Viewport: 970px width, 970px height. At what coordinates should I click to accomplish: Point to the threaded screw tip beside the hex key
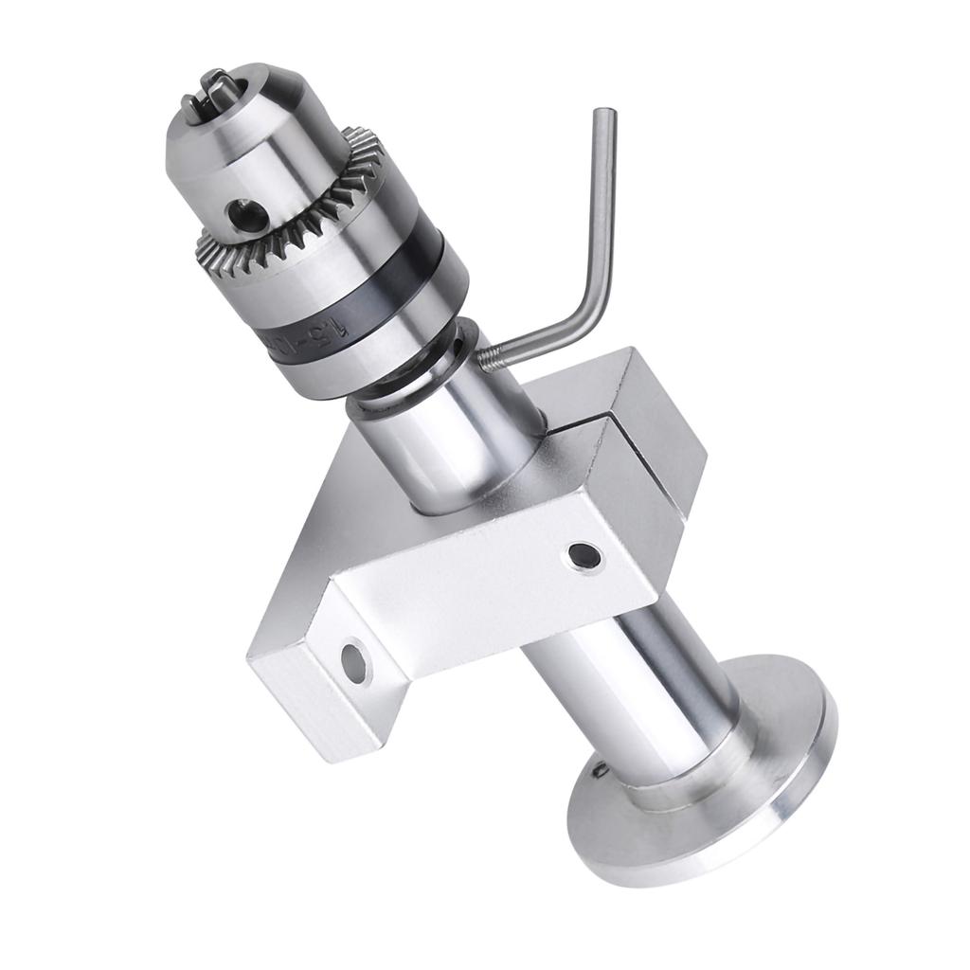[x=491, y=357]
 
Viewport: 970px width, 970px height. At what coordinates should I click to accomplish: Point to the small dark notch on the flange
[x=601, y=768]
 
